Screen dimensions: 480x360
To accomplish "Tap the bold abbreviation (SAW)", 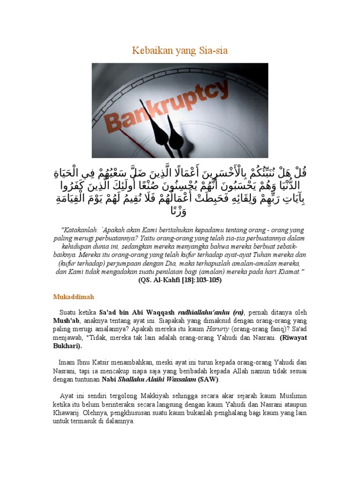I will [208, 380].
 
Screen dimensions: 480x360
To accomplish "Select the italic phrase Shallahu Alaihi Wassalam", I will [158, 380].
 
